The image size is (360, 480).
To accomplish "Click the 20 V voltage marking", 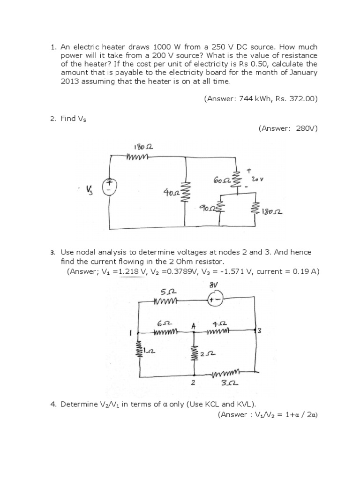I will click(x=255, y=179).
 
